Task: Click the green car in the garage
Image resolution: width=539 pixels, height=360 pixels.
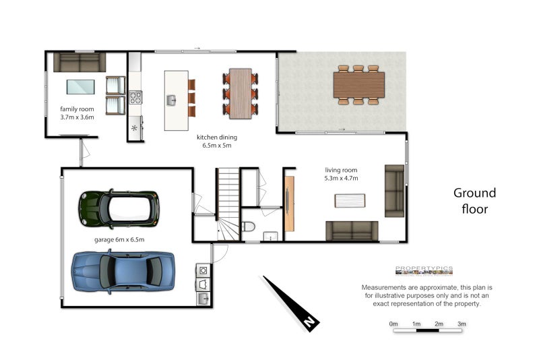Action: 119,209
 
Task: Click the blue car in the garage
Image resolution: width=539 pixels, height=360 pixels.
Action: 123,272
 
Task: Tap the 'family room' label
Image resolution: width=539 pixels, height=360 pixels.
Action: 77,109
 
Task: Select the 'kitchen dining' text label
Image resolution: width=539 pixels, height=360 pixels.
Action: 217,138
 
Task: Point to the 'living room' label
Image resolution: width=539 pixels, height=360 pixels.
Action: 341,170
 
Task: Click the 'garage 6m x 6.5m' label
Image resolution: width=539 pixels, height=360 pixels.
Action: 119,239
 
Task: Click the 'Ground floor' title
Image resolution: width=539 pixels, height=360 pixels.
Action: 475,201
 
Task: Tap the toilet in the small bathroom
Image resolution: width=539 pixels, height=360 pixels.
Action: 248,227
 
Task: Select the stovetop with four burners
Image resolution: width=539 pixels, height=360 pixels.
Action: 135,97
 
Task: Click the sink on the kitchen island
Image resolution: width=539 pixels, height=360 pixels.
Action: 172,100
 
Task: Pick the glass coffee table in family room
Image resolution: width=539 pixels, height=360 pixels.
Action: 81,87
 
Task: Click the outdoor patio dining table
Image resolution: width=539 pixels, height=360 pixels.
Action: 359,84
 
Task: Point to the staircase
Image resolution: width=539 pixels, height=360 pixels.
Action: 228,204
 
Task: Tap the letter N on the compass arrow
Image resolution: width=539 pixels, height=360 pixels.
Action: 309,322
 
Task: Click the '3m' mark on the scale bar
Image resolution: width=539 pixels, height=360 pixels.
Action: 462,324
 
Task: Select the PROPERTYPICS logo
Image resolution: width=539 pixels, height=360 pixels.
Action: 424,270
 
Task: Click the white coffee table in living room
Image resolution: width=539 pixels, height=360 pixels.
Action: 350,201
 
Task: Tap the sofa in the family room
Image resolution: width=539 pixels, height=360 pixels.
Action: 80,62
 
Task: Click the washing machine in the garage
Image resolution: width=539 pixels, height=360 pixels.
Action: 203,270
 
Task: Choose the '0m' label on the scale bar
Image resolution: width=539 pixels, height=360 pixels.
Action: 393,324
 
